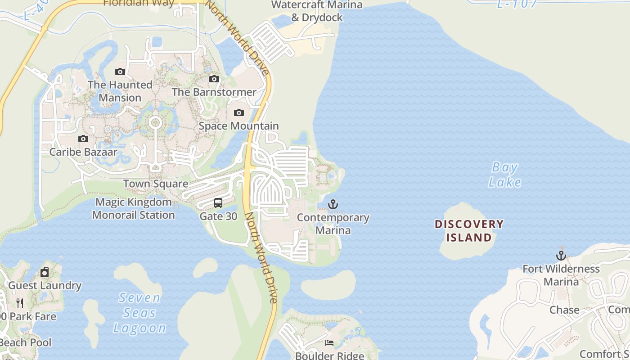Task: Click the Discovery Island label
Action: [x=469, y=230]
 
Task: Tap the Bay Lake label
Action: [x=505, y=175]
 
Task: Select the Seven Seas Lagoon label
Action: [x=139, y=313]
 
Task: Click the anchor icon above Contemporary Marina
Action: [x=333, y=205]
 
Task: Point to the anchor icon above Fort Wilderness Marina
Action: [x=561, y=256]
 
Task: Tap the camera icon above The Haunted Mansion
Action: [x=120, y=72]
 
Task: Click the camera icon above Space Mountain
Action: [x=239, y=112]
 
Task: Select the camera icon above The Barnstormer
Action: [x=214, y=79]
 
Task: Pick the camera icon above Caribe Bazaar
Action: [x=83, y=139]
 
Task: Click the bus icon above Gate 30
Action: [x=218, y=203]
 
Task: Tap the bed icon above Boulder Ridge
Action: [x=329, y=343]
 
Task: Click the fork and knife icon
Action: [x=20, y=303]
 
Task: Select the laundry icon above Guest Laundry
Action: [x=45, y=272]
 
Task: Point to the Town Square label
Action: [x=156, y=184]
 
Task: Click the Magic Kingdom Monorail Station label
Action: [x=134, y=208]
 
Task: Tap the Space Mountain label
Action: [x=239, y=126]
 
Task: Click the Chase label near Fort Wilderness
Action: [x=564, y=310]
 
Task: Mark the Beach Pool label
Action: [x=26, y=342]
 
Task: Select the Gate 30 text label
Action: [x=218, y=216]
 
